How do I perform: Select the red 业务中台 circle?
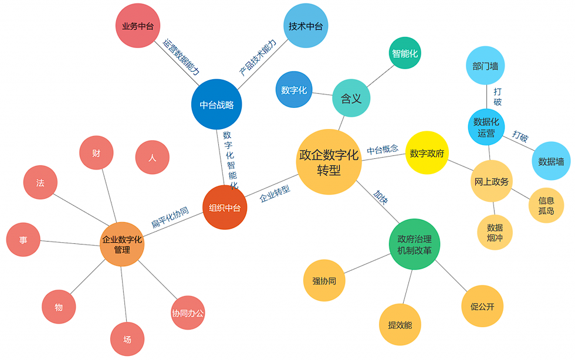[138, 26]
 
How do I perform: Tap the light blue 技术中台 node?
[305, 26]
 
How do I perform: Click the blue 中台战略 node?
[217, 104]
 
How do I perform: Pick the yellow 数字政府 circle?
[427, 153]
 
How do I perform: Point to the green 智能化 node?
[405, 53]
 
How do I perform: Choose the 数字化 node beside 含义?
[294, 90]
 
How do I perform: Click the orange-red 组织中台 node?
[225, 208]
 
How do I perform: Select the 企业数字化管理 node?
[122, 244]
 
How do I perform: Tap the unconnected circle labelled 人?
[153, 158]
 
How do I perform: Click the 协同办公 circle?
[188, 313]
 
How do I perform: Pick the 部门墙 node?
[485, 65]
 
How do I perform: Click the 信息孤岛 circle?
[546, 205]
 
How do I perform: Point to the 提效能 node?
[400, 324]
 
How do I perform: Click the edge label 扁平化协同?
[170, 217]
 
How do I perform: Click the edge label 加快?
[381, 198]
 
